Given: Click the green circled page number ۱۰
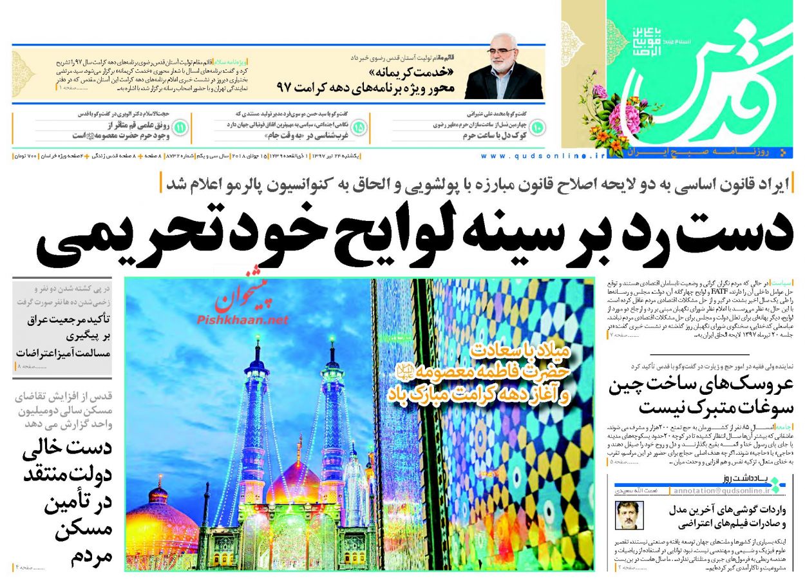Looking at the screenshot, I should (536, 128).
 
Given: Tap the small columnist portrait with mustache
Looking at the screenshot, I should (629, 515).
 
